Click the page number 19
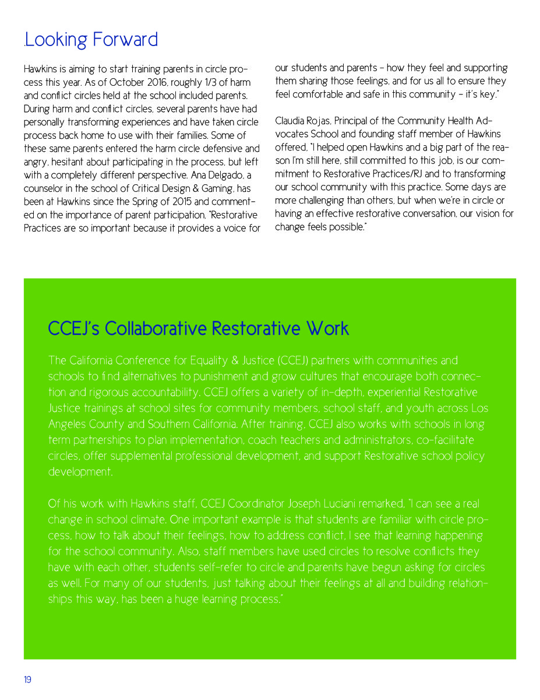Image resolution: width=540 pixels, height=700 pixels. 27,680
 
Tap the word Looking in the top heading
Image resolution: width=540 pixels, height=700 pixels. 54,40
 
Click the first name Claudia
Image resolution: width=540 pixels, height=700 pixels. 292,121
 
